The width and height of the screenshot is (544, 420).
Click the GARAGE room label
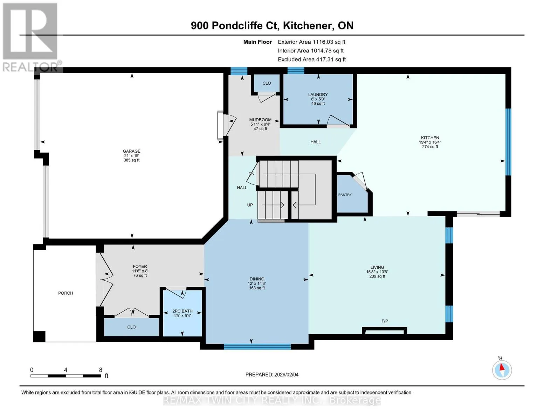131,151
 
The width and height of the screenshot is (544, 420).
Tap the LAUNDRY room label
318,94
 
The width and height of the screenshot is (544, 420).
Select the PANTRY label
345,195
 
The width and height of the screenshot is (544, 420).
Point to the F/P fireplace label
385,321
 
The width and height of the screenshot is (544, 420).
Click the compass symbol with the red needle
502,370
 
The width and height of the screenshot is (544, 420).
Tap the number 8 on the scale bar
101,370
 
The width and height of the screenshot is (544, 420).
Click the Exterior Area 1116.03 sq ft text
311,42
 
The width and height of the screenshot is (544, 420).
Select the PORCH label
66,293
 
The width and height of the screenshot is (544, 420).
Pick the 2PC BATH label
183,311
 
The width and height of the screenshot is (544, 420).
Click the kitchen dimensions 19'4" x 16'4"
430,142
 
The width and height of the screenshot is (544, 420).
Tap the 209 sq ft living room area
377,276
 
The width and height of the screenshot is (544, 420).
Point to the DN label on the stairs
252,174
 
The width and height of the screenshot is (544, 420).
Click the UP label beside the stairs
250,205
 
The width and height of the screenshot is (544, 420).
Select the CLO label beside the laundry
267,83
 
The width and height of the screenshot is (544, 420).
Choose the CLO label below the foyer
131,327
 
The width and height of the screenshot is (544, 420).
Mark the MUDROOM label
260,120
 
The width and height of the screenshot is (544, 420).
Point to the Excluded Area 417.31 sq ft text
312,59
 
